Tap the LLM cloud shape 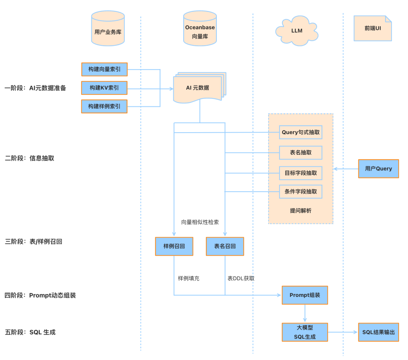point(297,31)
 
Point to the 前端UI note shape point(372,28)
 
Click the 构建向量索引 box point(104,70)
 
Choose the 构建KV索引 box point(104,88)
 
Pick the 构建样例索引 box point(104,106)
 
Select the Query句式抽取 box point(301,132)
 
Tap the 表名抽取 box point(301,153)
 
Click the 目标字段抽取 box point(301,173)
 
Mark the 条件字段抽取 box point(301,192)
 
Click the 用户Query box point(378,169)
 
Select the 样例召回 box point(174,246)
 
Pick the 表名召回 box point(225,246)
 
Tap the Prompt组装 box point(304,295)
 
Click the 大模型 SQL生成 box point(304,332)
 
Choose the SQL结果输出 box point(378,332)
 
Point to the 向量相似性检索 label point(200,222)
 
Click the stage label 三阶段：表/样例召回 point(33,241)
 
